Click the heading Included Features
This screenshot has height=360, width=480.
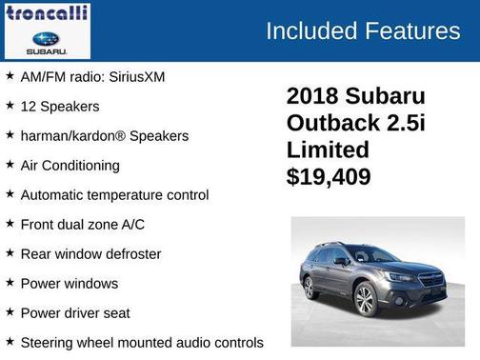[362, 30]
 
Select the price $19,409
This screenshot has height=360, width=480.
[329, 176]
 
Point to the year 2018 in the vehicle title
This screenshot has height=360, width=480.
[317, 96]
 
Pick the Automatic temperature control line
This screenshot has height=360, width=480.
[114, 194]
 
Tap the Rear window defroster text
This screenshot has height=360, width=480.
[90, 253]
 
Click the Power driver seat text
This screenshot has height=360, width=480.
[74, 312]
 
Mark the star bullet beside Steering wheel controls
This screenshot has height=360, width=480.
[10, 341]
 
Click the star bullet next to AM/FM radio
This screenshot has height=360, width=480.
[10, 75]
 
